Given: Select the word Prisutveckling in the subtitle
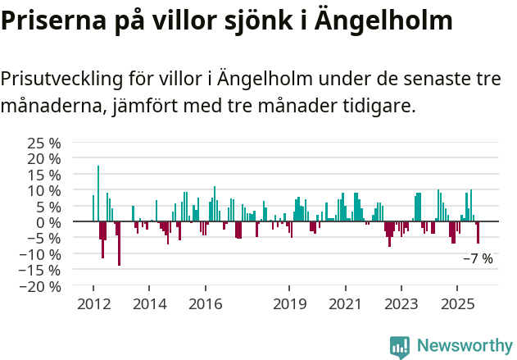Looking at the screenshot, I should tap(61, 80).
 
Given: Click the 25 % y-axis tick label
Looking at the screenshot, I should tap(45, 143).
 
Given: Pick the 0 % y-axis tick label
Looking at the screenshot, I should tap(51, 222).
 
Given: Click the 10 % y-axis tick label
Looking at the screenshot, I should tap(45, 190).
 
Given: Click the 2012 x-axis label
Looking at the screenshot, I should tap(93, 304).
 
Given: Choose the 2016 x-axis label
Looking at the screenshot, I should tap(206, 304).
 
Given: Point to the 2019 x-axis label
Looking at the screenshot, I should tap(289, 304).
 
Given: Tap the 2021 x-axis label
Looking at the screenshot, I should tap(345, 304).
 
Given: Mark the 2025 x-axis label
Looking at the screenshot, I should tap(457, 304).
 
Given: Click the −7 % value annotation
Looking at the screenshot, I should tap(478, 259).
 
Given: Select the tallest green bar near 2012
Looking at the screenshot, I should tap(98, 194).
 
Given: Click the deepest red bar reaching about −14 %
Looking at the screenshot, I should tap(119, 244).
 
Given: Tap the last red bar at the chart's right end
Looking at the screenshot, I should tap(478, 232).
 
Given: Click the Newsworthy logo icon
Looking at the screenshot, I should tap(400, 346).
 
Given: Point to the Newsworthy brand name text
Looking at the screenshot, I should tap(464, 346).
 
